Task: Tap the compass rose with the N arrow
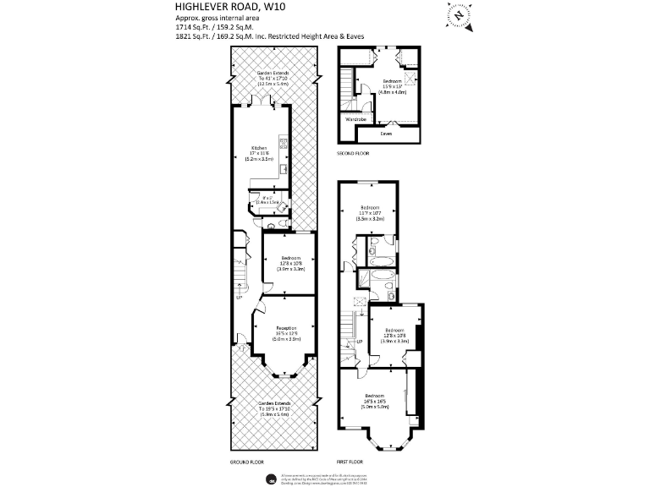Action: (460, 14)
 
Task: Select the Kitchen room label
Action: (259, 147)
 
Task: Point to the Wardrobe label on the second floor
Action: (355, 120)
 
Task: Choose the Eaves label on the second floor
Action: (386, 133)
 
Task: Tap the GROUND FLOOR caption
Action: (247, 462)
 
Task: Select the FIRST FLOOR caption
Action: (350, 462)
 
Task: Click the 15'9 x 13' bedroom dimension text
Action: (393, 85)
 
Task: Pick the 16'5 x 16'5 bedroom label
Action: (376, 401)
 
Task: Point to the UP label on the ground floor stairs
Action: (240, 297)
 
